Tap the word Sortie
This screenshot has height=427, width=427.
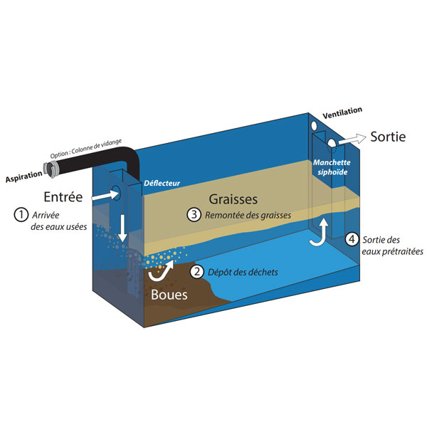pos(389,137)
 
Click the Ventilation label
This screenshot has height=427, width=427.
pos(342,112)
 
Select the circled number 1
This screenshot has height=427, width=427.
pos(23,213)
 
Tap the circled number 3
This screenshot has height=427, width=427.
pos(193,214)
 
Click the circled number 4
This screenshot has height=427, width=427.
pos(352,239)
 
